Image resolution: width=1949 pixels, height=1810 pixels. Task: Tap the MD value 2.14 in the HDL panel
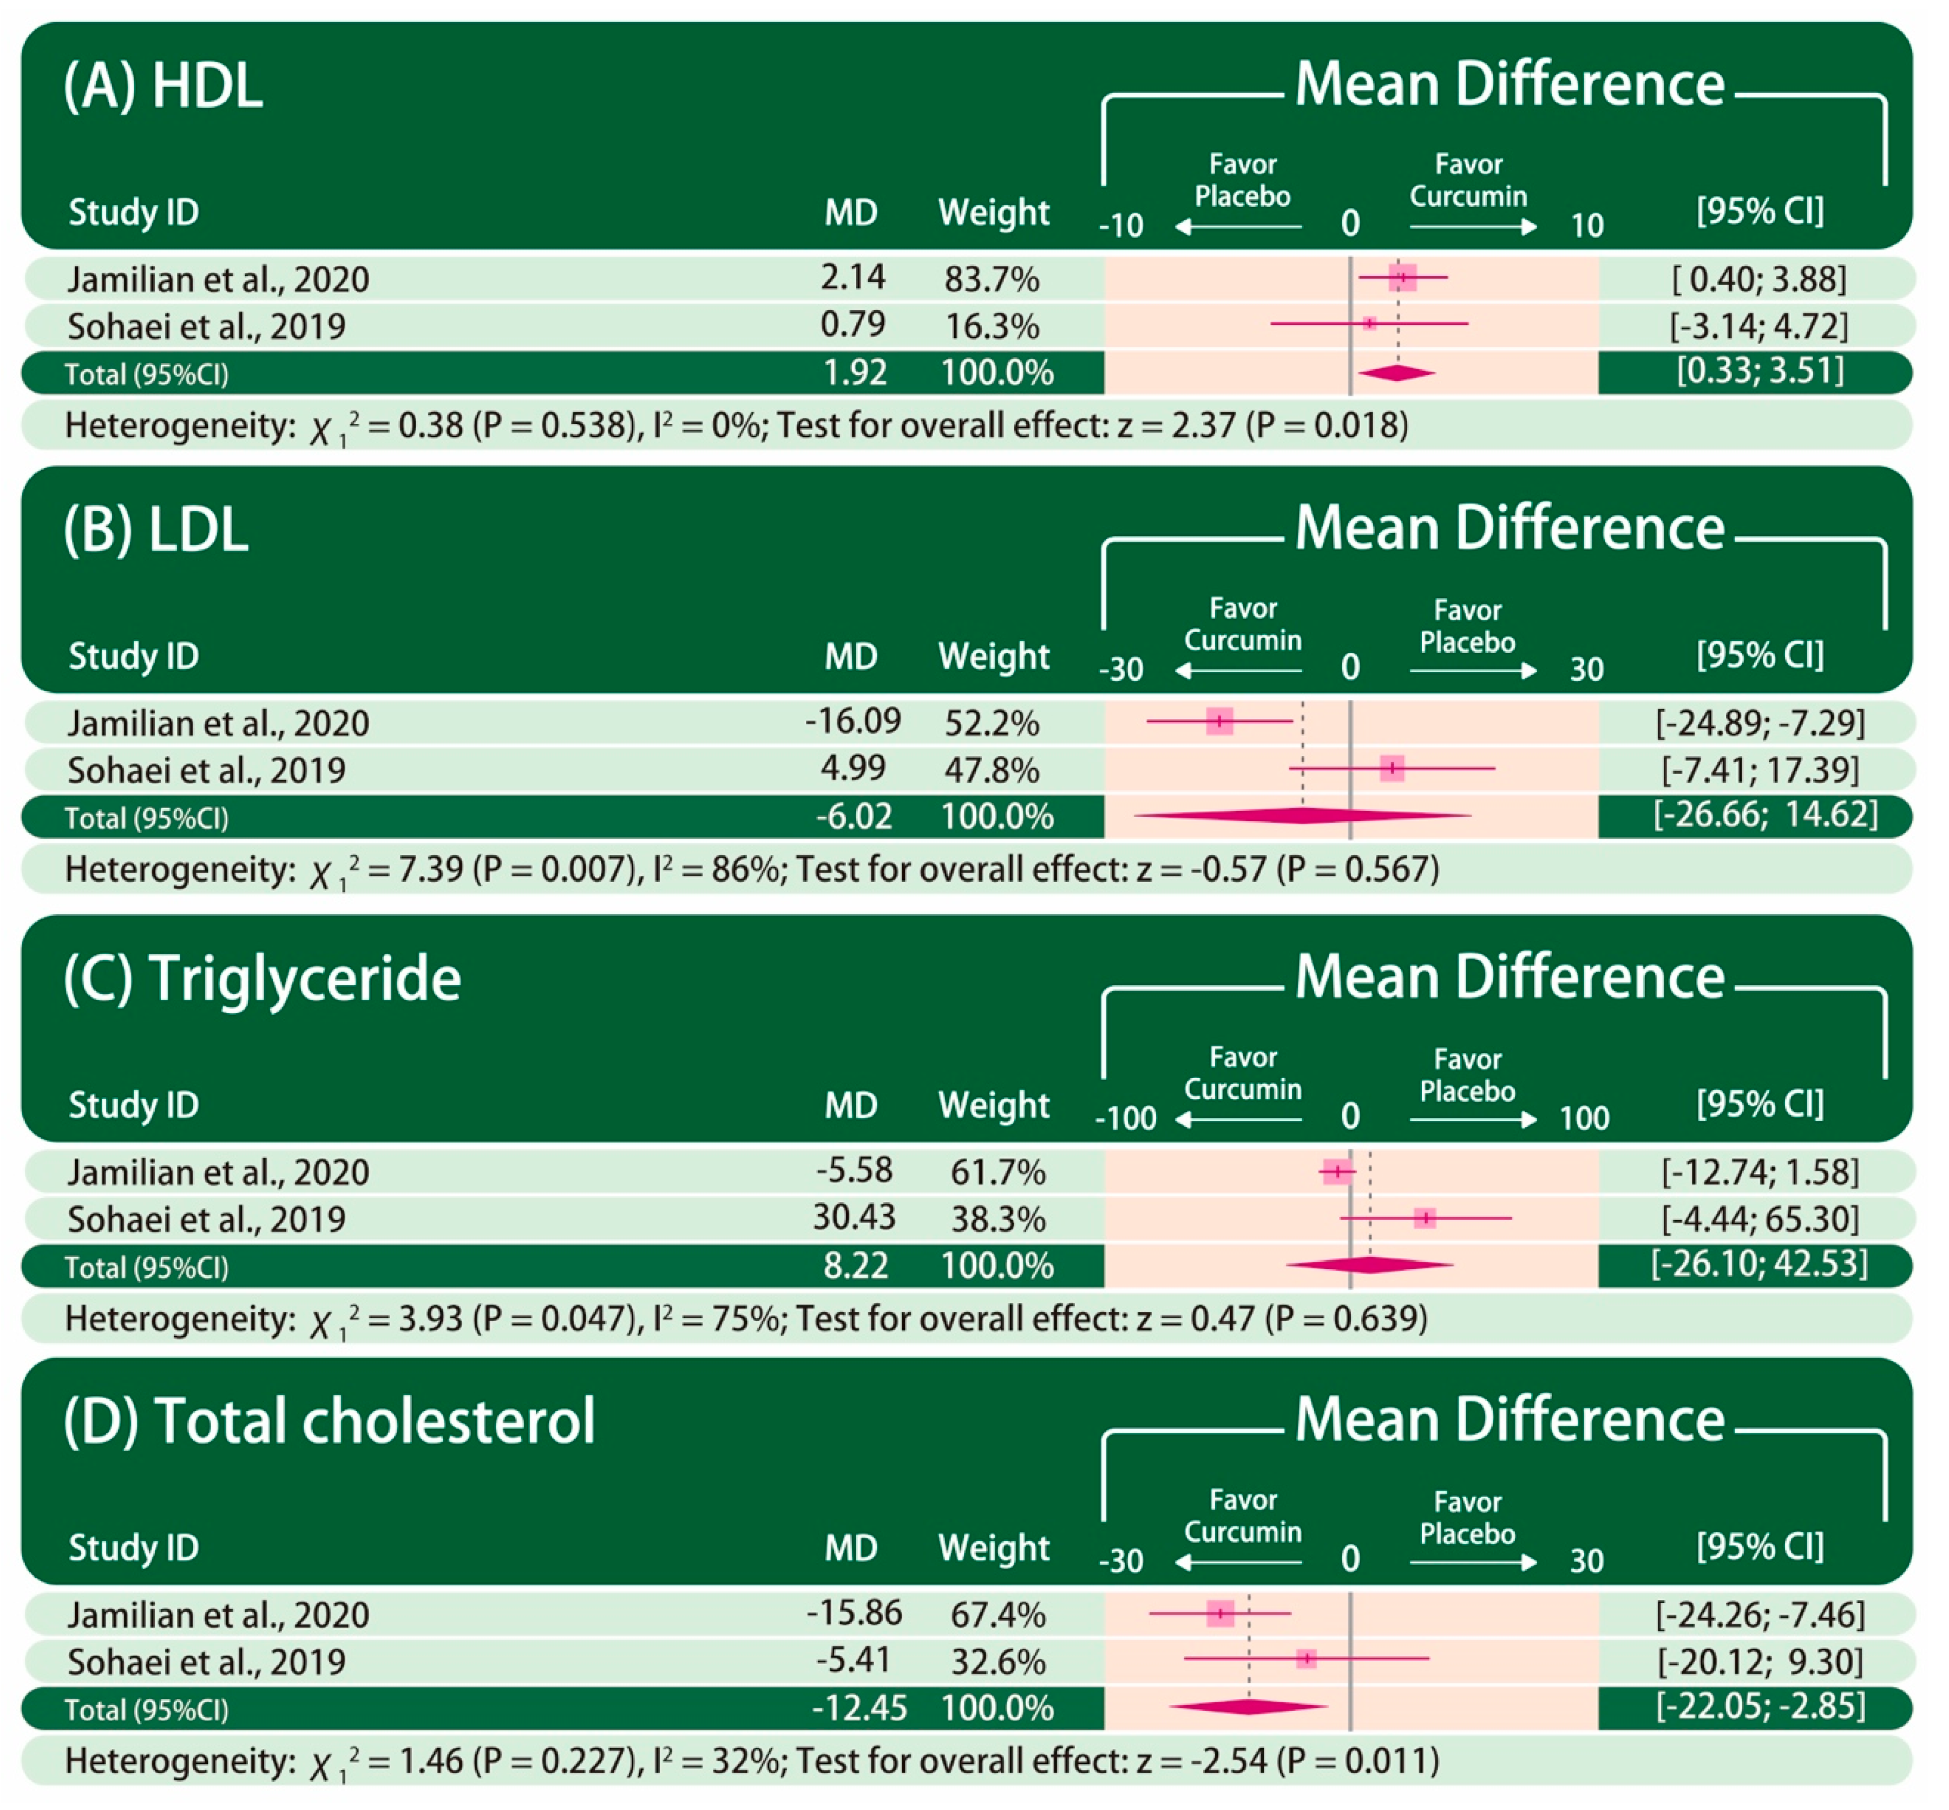pos(852,278)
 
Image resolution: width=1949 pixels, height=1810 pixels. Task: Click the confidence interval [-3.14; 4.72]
pos(1758,326)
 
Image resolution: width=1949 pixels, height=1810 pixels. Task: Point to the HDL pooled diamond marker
pos(1396,373)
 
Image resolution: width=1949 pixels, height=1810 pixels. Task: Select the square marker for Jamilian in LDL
pos(1219,722)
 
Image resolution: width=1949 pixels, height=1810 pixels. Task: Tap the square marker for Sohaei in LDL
pos(1392,769)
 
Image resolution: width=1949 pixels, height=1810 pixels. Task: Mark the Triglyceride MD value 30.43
pos(853,1217)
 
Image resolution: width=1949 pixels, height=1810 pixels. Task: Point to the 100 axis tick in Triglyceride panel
pos(1584,1118)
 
